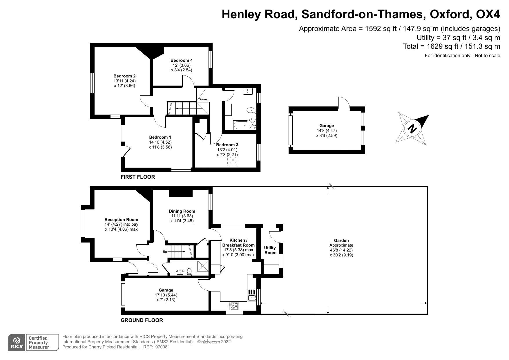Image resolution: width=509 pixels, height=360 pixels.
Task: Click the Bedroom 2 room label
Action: pos(124,76)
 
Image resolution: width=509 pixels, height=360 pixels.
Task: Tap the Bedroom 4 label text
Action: pos(182,60)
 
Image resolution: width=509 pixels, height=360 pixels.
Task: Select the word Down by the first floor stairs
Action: pos(203,99)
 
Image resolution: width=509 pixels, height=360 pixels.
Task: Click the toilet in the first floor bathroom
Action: pos(251,110)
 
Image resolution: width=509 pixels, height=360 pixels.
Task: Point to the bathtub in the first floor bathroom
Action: pos(244,125)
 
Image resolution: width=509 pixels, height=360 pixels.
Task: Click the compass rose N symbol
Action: pos(412,129)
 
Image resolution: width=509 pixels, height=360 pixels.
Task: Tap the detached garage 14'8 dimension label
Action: pos(327,131)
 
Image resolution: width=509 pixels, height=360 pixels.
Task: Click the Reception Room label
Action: pos(121,220)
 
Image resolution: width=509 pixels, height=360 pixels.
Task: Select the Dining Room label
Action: pos(182,211)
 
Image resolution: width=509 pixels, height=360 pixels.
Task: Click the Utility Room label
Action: pos(270,250)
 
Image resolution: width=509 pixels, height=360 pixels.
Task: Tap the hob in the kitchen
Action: pos(234,306)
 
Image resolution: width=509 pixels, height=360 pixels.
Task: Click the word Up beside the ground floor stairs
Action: pos(165,252)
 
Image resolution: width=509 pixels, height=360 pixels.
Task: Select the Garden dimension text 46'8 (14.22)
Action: pos(341,250)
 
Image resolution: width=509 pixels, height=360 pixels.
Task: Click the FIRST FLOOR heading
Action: pos(138,177)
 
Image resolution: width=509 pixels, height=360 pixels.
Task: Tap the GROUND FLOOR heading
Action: pos(142,320)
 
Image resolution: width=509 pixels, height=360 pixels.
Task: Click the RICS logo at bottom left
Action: pos(16,343)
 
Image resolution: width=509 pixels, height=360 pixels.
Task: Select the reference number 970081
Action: pos(162,347)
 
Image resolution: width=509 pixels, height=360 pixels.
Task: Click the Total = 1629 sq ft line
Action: pos(451,46)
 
